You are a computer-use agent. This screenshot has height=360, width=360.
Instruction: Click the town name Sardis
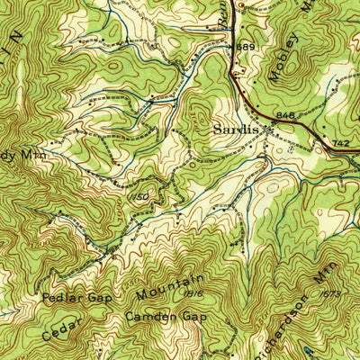tap(235, 130)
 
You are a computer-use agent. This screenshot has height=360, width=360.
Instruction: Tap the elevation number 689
tap(247, 47)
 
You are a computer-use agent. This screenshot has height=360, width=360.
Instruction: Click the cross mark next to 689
tap(231, 47)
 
